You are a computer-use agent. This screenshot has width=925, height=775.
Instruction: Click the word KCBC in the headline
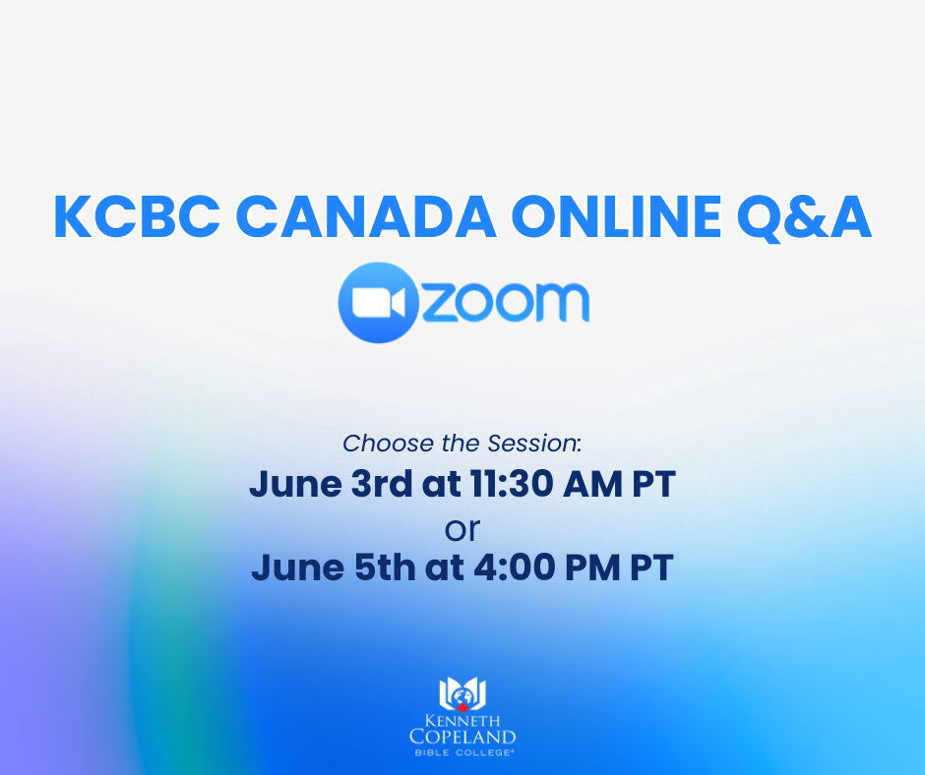point(137,216)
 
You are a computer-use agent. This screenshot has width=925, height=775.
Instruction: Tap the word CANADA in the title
point(366,216)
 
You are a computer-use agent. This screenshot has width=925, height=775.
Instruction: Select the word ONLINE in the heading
point(616,216)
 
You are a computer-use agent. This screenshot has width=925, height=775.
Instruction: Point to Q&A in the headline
point(804,217)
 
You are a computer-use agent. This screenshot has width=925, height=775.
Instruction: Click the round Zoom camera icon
point(379,303)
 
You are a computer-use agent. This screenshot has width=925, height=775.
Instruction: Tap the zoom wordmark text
point(506,302)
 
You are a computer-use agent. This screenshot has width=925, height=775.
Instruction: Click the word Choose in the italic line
point(388,444)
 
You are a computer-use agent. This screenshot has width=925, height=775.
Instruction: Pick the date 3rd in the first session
point(382,484)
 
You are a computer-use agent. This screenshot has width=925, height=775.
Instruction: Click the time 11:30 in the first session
point(512,484)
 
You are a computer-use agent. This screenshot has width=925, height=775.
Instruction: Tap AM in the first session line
point(592,484)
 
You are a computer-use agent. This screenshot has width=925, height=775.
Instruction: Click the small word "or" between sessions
point(462,530)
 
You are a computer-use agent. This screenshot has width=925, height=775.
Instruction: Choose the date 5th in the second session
point(385,567)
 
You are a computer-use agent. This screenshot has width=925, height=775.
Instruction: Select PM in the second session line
point(592,567)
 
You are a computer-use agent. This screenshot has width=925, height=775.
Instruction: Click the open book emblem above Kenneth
point(462,694)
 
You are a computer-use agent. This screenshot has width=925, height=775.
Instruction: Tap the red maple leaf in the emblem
point(462,706)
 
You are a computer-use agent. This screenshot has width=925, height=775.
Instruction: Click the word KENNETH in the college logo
point(462,721)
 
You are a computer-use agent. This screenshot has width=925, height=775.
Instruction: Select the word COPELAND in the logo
point(462,737)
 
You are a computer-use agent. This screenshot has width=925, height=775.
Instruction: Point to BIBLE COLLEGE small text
point(463,752)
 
